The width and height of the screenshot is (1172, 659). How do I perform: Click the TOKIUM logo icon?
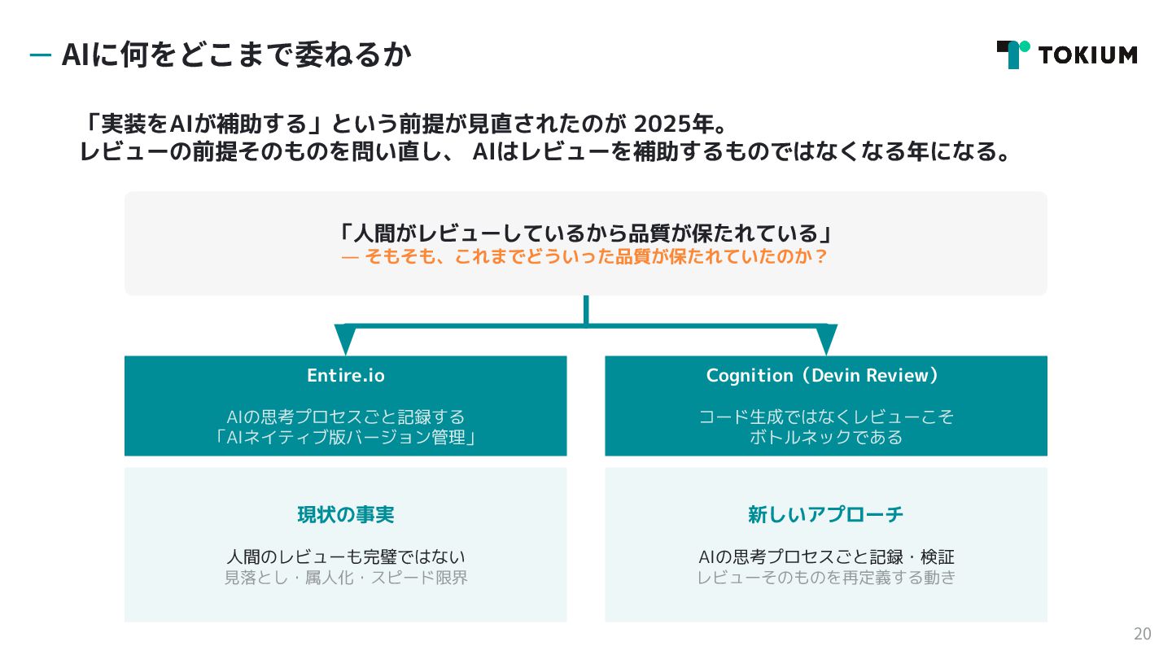pyautogui.click(x=1012, y=55)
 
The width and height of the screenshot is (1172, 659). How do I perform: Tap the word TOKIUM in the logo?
pyautogui.click(x=1087, y=55)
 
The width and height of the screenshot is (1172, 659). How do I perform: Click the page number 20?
pyautogui.click(x=1142, y=634)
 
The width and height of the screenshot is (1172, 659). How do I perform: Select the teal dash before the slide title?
pyautogui.click(x=40, y=55)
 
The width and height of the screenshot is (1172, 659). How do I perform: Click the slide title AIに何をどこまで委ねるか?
pyautogui.click(x=236, y=55)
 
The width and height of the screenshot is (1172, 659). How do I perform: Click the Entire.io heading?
pyautogui.click(x=345, y=375)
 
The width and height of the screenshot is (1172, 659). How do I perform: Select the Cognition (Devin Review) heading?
pyautogui.click(x=825, y=375)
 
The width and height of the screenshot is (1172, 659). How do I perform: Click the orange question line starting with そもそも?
pyautogui.click(x=585, y=257)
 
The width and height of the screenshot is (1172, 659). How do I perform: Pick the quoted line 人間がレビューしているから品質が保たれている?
pyautogui.click(x=585, y=233)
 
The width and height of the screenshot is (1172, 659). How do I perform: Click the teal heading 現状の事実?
pyautogui.click(x=345, y=515)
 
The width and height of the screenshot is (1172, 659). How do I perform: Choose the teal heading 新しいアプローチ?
pyautogui.click(x=825, y=515)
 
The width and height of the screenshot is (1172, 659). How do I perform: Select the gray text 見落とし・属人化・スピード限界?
pyautogui.click(x=345, y=578)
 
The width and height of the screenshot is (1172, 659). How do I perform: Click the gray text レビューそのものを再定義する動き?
pyautogui.click(x=825, y=578)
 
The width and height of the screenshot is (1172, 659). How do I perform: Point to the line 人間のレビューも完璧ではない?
pyautogui.click(x=345, y=557)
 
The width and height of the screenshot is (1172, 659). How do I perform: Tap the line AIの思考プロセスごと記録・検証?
pyautogui.click(x=825, y=557)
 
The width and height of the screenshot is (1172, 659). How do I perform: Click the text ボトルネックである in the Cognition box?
pyautogui.click(x=825, y=438)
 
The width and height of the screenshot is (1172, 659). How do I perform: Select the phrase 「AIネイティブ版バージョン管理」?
pyautogui.click(x=345, y=438)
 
